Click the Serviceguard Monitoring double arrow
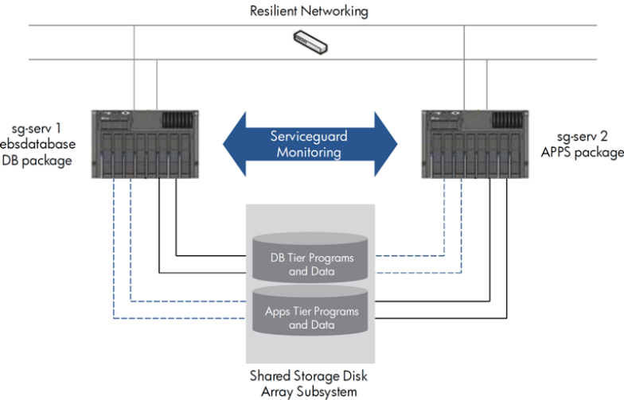coord(310,142)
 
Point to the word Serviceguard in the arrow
coord(310,135)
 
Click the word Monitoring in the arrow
coord(310,151)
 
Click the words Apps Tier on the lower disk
coord(289,311)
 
